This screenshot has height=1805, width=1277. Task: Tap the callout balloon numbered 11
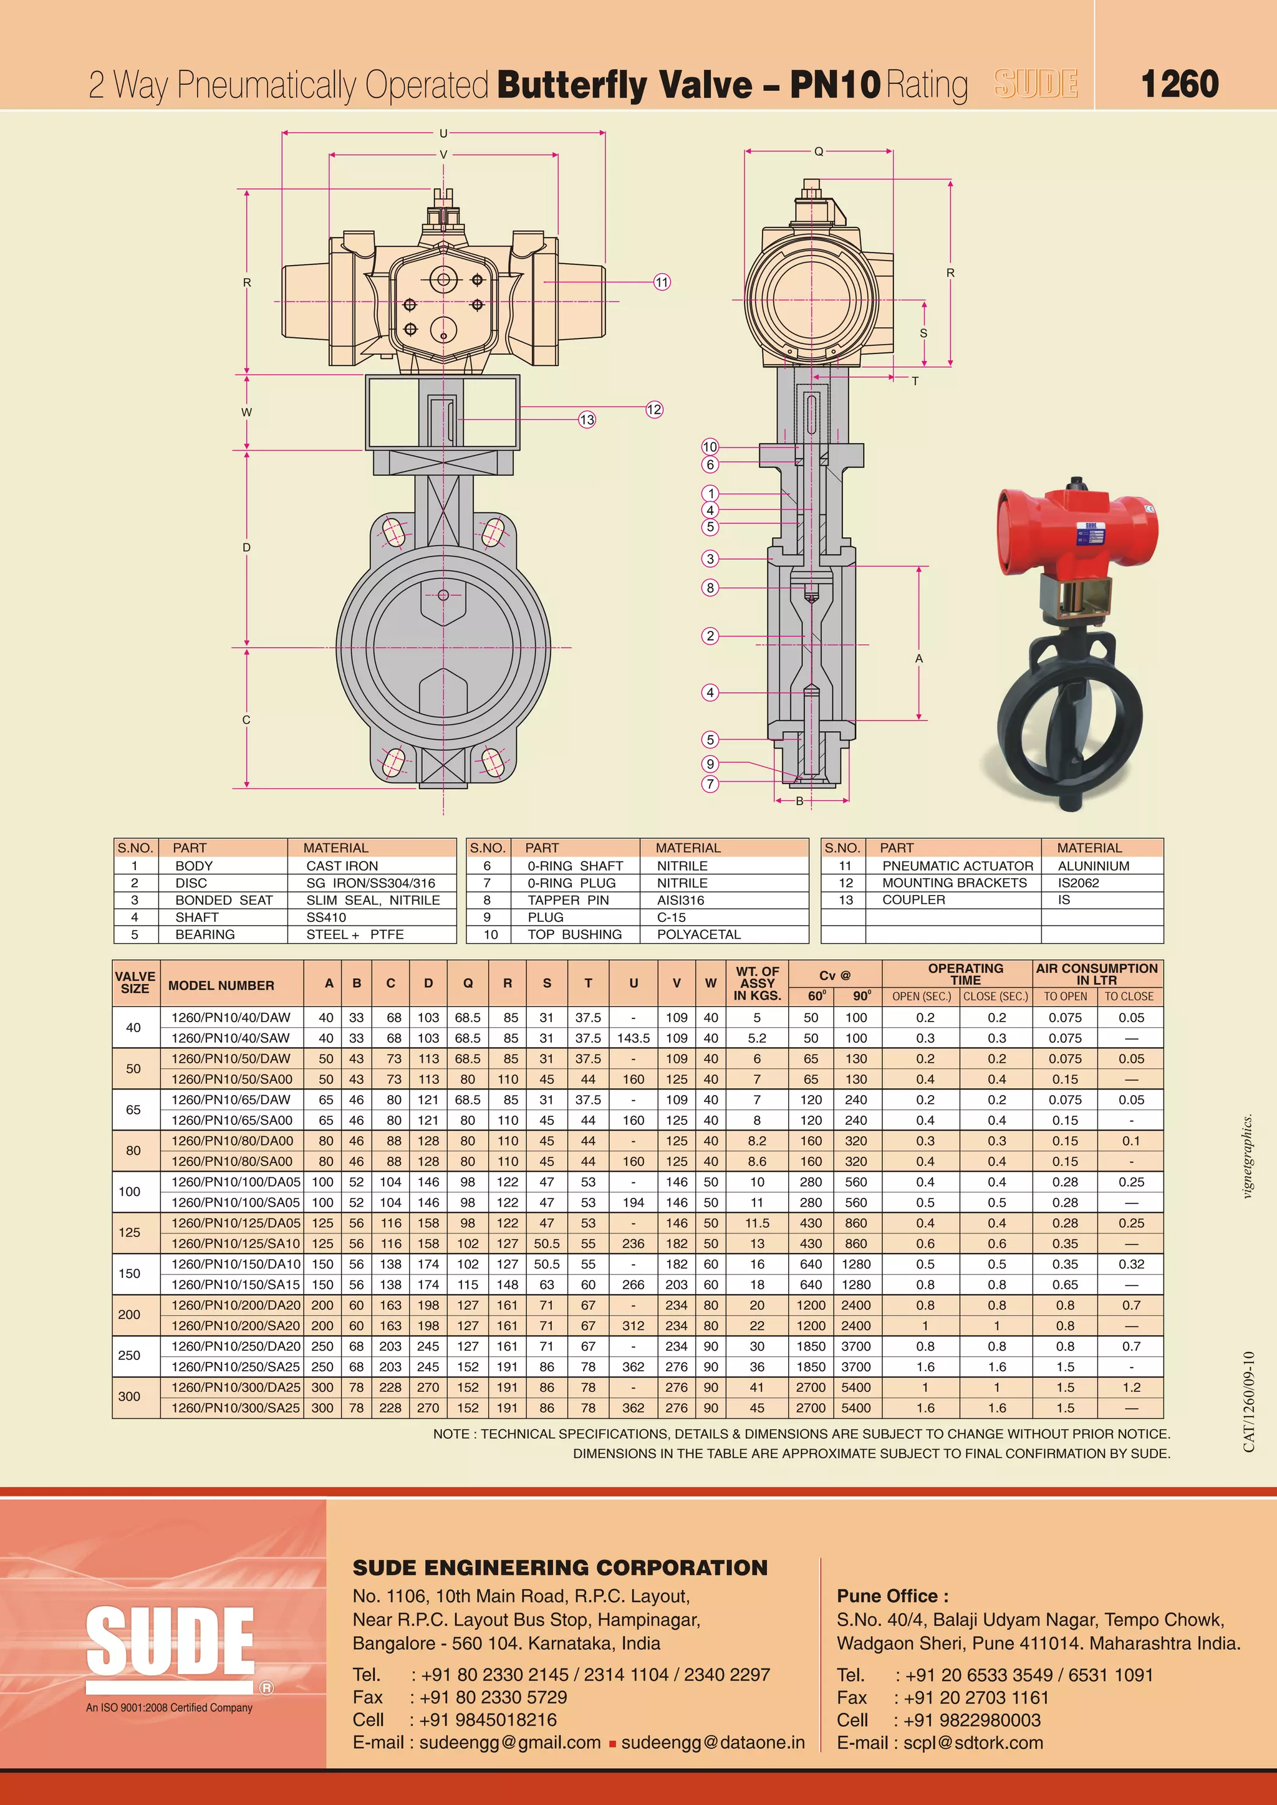[662, 282]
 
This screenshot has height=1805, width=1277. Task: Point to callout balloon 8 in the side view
[710, 587]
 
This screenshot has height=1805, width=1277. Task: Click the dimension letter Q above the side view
[819, 151]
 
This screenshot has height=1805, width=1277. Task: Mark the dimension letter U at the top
[443, 133]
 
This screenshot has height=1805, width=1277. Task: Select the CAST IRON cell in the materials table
[342, 866]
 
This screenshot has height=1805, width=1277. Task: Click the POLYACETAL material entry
[698, 934]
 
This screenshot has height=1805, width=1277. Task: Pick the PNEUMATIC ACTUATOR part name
[957, 866]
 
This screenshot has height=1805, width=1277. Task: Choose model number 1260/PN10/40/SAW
[230, 1038]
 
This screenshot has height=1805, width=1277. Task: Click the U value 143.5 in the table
[633, 1038]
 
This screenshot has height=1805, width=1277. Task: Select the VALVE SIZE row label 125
[130, 1233]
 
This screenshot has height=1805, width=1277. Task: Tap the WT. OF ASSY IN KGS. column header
[757, 983]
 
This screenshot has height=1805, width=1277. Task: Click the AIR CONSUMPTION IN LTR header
[1096, 974]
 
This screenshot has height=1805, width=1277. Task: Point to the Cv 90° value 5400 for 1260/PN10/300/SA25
[855, 1408]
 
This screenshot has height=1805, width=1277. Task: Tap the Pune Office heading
[892, 1596]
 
